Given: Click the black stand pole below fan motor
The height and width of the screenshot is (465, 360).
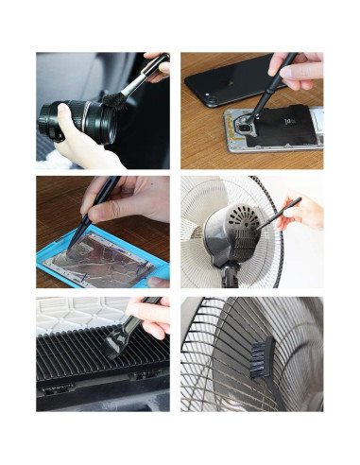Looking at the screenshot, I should pyautogui.click(x=229, y=278).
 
